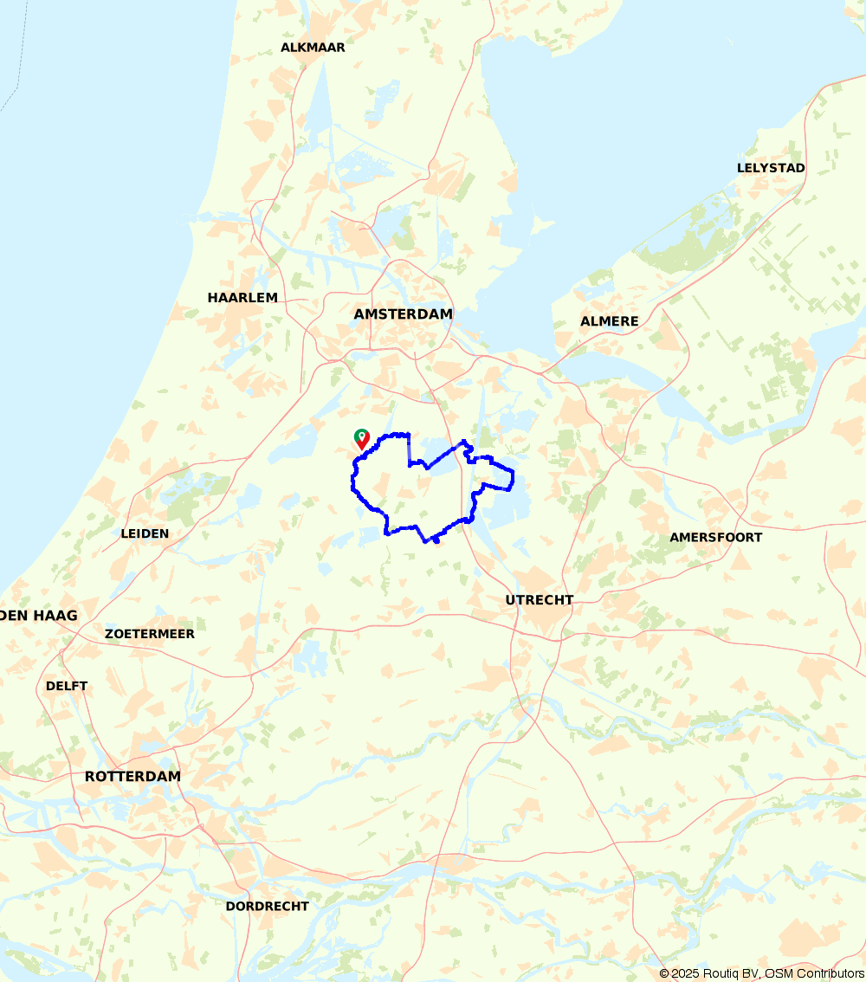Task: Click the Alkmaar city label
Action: pos(313,48)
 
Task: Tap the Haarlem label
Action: pos(242,298)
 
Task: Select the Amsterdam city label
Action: pos(403,314)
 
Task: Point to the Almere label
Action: pos(609,321)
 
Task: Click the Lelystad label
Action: pos(771,168)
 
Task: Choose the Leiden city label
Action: pos(145,533)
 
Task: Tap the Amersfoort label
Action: pos(715,538)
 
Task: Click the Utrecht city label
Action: pos(540,600)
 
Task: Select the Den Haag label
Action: pos(40,616)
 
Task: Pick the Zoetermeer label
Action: pos(150,634)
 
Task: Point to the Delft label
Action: pos(67,686)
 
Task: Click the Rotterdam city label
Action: pos(132,777)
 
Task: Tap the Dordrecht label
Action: pos(267,907)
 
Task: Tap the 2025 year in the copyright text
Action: pos(687,974)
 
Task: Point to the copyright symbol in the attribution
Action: pos(664,974)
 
